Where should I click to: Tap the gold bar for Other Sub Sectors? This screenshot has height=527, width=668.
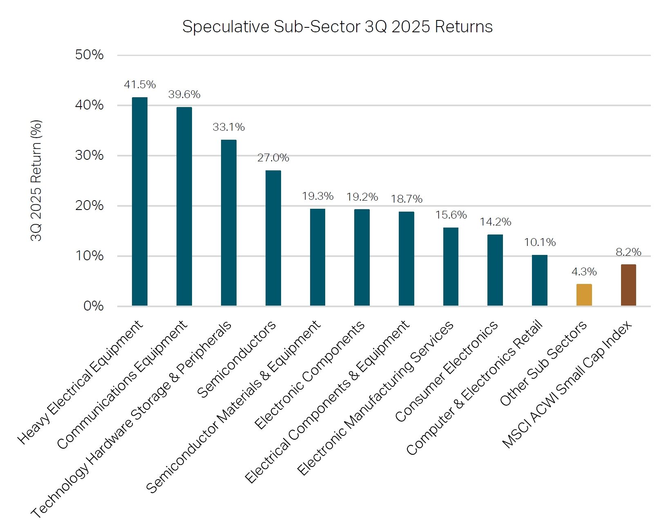[584, 295]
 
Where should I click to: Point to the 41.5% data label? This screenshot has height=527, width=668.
[140, 85]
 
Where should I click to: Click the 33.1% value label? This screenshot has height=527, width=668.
[228, 127]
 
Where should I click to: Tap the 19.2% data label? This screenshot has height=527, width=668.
[362, 197]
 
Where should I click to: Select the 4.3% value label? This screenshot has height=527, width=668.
[584, 272]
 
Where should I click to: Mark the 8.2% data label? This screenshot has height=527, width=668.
[628, 252]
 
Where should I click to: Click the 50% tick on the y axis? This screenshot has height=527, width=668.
[89, 55]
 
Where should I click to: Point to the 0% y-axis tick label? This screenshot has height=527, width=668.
[93, 306]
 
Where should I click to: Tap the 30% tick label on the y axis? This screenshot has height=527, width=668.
[89, 155]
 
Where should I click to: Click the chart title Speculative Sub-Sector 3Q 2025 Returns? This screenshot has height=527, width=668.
[337, 27]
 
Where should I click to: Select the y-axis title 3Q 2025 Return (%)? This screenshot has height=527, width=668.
[36, 180]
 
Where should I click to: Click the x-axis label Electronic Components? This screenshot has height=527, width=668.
[309, 375]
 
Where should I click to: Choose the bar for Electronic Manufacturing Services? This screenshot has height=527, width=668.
[451, 266]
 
